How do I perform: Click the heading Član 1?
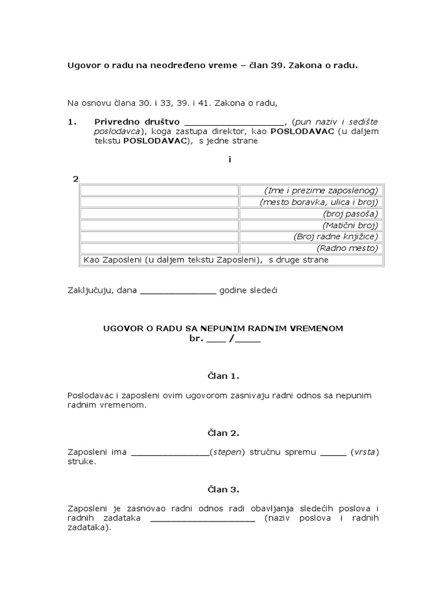[223, 376]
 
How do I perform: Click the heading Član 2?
[223, 433]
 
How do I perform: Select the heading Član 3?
[223, 489]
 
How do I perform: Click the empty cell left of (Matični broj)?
[159, 225]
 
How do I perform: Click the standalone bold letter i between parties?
[230, 159]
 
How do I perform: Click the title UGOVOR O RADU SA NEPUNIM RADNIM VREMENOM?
[223, 328]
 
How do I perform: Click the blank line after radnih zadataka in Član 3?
[203, 519]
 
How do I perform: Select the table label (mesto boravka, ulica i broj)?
[319, 203]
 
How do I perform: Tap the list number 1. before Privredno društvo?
[72, 122]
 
